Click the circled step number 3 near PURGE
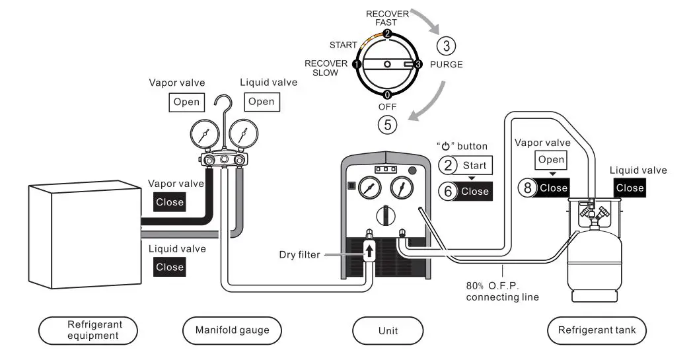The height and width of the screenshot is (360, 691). coord(447,46)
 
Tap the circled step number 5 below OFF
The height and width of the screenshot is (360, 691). coord(387,123)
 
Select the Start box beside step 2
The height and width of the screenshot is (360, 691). coord(474,165)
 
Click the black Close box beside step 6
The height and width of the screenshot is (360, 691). coord(474,192)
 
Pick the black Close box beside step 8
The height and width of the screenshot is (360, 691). coord(553,188)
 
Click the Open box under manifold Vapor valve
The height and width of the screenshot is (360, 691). coord(186,102)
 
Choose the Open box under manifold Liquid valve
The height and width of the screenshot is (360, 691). coord(261,102)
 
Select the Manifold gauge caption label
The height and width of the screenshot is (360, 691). coord(231,330)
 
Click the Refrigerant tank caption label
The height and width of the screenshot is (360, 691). coord(597,330)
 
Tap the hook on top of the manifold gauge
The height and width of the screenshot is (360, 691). coord(227,106)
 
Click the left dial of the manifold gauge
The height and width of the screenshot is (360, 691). coord(203,135)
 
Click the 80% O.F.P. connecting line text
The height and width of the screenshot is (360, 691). coord(502,291)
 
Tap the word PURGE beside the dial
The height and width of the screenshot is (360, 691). coord(446,65)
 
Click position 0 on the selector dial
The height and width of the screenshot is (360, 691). coord(386,94)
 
